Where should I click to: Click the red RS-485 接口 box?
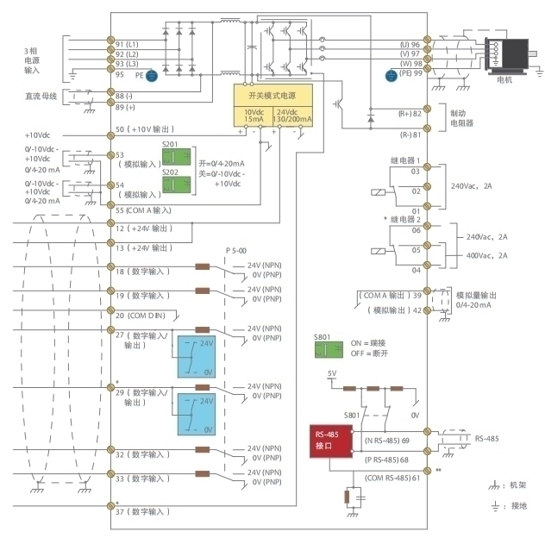[331, 439]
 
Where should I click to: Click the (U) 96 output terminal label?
[409, 44]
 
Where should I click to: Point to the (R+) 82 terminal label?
[409, 113]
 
